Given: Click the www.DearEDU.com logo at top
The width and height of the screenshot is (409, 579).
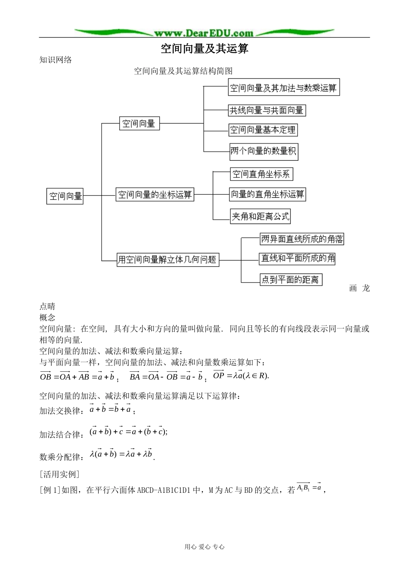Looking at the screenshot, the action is (x=204, y=33).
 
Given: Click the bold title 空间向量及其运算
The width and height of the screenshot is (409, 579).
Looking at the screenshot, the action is (x=204, y=48).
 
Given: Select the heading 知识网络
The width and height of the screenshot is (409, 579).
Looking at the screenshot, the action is (x=56, y=60).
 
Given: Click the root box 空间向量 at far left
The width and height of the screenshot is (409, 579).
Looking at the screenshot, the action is (x=65, y=196).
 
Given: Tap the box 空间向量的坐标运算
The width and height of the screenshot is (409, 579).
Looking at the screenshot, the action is (x=155, y=194).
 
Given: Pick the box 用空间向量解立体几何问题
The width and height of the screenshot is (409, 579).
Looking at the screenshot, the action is (x=168, y=259).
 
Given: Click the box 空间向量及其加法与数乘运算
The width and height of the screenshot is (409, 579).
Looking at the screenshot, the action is (x=284, y=87).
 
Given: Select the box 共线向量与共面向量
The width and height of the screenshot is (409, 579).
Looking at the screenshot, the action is (x=266, y=110).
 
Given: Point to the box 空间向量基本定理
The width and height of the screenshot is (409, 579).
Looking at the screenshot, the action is (x=263, y=130).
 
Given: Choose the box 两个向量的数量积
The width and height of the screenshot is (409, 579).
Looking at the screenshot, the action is (x=263, y=151).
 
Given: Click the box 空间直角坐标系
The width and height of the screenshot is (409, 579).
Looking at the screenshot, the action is (x=261, y=174).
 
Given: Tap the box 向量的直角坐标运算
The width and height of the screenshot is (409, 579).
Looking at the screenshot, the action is (x=267, y=194).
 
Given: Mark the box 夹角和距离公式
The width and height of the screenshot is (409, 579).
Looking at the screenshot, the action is (x=260, y=216).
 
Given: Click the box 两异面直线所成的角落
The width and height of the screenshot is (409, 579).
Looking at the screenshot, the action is (x=302, y=239).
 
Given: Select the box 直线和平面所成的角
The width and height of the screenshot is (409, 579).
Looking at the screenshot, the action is (x=297, y=258).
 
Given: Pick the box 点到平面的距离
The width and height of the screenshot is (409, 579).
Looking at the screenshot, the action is (x=290, y=280).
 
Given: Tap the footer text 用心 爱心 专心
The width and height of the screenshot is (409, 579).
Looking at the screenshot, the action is (x=204, y=547).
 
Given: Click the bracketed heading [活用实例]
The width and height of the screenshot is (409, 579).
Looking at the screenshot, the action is (x=59, y=474).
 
